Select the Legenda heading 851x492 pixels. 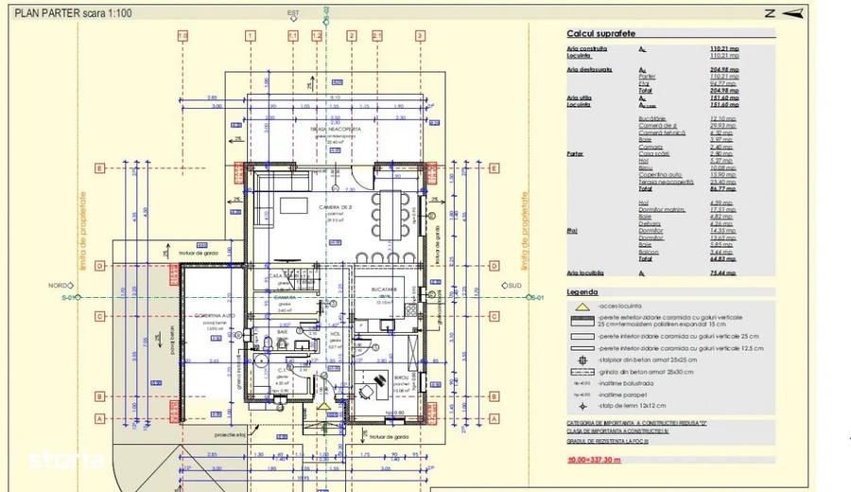[x=583, y=292]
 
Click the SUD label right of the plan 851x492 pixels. [x=514, y=285]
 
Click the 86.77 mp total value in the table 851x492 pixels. [x=723, y=189]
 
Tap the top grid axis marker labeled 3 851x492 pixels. [x=419, y=35]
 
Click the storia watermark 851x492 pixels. [x=65, y=461]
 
